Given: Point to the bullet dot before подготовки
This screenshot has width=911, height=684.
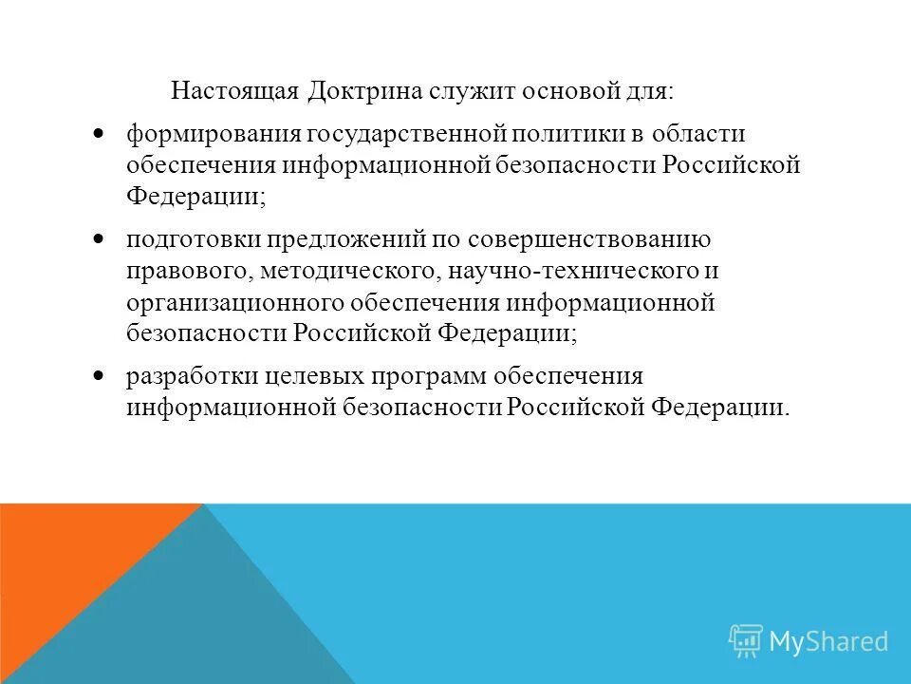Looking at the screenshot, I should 100,239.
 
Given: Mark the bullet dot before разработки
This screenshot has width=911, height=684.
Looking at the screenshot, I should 100,376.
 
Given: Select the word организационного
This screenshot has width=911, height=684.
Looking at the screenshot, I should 234,303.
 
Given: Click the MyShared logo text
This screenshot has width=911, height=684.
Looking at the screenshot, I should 827,641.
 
